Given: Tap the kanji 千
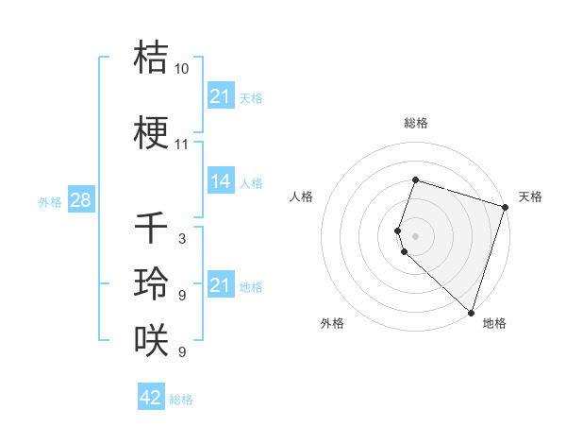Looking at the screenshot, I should pyautogui.click(x=150, y=227).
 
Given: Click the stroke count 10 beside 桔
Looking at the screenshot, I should pyautogui.click(x=181, y=69).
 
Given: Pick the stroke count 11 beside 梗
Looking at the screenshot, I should pyautogui.click(x=181, y=145).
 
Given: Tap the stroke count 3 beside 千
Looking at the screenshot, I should pyautogui.click(x=181, y=239).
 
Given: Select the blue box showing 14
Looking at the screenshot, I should pyautogui.click(x=220, y=181).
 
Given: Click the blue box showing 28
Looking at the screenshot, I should pyautogui.click(x=80, y=199).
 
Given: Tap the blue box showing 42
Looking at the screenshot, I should pyautogui.click(x=150, y=398).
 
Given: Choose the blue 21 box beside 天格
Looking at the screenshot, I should pyautogui.click(x=220, y=95).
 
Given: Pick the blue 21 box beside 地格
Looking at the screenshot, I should pyautogui.click(x=220, y=285).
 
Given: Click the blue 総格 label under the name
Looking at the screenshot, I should pyautogui.click(x=181, y=400).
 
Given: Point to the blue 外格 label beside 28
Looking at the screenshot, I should pyautogui.click(x=50, y=201).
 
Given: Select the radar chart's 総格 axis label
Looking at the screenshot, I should pyautogui.click(x=415, y=123).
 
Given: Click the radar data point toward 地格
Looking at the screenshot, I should pyautogui.click(x=471, y=312).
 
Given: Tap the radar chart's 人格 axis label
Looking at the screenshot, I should pyautogui.click(x=302, y=196).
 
